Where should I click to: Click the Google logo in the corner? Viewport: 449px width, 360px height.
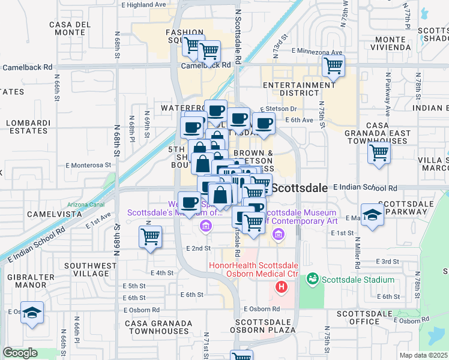(x=20, y=353)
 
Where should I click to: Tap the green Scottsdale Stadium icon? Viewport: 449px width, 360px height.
(x=312, y=279)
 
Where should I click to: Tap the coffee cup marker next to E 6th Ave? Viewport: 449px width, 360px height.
(x=263, y=124)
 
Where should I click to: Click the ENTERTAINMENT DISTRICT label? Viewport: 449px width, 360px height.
(x=298, y=89)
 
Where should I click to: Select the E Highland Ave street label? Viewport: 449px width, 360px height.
(x=143, y=4)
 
